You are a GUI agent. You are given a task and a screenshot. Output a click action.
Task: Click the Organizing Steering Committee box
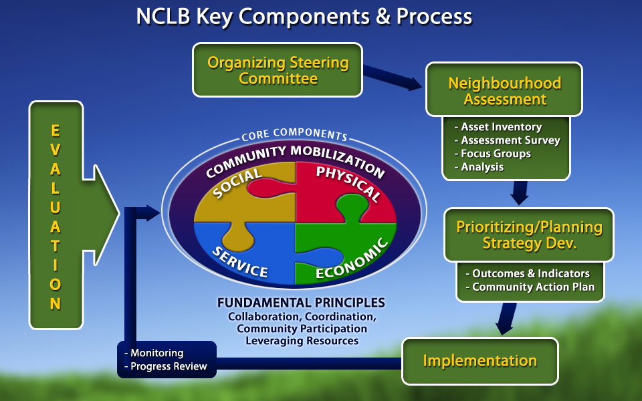278,70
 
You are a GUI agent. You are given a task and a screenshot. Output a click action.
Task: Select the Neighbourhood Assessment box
504,91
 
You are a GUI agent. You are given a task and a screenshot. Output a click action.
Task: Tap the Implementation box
479,361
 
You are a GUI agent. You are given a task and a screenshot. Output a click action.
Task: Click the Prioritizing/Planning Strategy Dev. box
529,235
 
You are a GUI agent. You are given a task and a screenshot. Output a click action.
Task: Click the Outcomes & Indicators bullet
530,273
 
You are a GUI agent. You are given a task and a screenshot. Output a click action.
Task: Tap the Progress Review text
169,366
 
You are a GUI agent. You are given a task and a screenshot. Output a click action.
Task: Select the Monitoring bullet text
156,353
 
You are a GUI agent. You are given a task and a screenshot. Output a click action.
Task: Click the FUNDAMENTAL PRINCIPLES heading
301,303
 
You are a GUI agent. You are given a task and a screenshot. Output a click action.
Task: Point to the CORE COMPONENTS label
294,135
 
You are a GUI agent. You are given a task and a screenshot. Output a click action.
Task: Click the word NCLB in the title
163,16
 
